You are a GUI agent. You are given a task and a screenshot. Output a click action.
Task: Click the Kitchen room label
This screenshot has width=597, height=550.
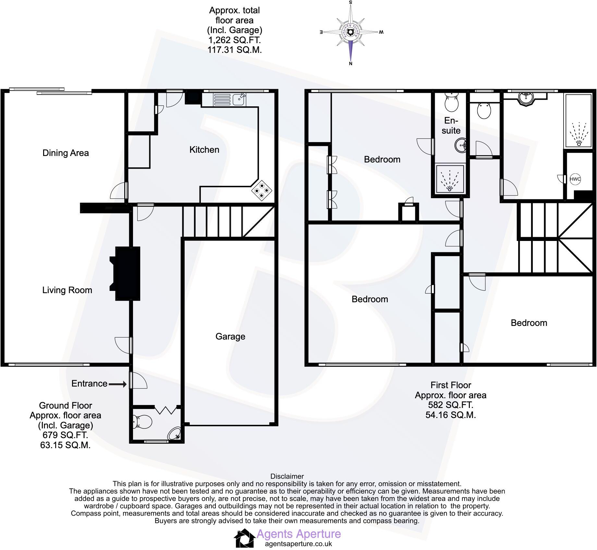coord(204,150)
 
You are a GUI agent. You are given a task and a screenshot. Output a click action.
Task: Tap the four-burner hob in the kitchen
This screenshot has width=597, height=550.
coord(262,191)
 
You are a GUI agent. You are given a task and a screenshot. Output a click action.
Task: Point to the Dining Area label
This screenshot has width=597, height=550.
coord(66,153)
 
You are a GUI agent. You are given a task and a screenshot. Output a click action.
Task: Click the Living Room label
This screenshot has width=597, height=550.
coord(67,290)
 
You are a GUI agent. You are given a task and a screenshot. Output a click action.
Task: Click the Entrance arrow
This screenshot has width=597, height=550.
coord(117,384)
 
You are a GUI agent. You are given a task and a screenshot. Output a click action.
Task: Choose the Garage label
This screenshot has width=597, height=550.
coord(230,337)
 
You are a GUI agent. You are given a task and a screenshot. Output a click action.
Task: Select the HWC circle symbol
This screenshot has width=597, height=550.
coord(575,179)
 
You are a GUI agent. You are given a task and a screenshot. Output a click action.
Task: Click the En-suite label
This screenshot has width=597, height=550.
coord(451,126)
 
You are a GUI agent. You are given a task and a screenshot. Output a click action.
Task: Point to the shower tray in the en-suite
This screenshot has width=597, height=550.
coord(450,179)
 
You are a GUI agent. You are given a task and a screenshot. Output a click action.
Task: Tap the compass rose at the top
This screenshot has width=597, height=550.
coord(350,32)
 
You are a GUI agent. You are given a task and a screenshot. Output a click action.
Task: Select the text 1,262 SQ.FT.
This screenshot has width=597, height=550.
coord(234,40)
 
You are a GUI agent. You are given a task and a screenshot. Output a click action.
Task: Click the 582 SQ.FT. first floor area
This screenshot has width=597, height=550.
coord(450,405)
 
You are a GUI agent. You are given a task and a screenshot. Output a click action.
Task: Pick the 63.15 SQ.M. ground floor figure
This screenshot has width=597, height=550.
coord(65,445)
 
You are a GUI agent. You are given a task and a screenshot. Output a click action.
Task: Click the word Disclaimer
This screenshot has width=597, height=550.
coord(287,476)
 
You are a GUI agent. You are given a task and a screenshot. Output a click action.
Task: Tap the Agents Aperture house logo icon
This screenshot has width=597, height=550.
coord(245,538)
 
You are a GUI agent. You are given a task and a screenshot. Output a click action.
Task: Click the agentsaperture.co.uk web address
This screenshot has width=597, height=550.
coord(298,544)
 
